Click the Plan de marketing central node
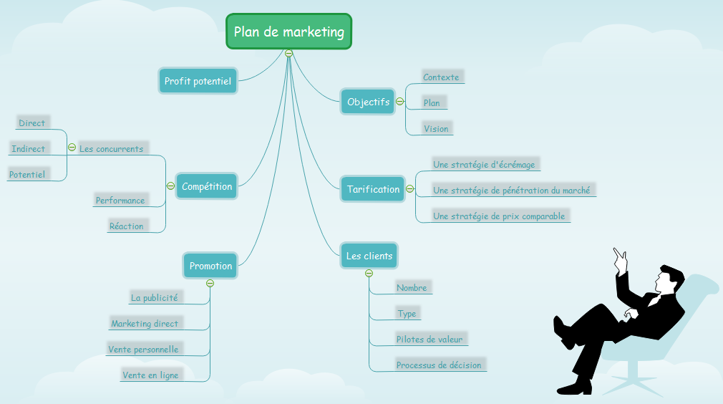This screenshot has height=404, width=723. (x=288, y=32)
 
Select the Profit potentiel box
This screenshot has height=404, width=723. (x=198, y=81)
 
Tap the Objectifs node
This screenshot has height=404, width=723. (x=368, y=102)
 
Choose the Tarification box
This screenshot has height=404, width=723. (x=373, y=189)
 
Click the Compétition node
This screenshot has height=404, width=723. (x=207, y=186)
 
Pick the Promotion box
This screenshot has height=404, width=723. (x=210, y=266)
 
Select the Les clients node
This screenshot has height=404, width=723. (x=369, y=256)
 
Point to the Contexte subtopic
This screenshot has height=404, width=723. (x=441, y=77)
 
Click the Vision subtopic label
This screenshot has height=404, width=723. (x=436, y=129)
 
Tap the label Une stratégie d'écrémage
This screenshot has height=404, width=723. (x=484, y=165)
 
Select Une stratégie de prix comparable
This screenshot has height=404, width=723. (x=499, y=216)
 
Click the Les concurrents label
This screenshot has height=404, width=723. (x=111, y=149)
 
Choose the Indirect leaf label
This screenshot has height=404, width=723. (x=29, y=149)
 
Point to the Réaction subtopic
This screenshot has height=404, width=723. (x=127, y=226)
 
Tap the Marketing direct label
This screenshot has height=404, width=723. (x=145, y=324)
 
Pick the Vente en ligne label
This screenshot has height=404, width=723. (x=150, y=375)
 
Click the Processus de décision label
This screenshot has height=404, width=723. (x=439, y=365)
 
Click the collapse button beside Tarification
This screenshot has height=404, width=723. (x=410, y=189)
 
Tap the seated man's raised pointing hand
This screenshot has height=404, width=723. (x=620, y=257)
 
